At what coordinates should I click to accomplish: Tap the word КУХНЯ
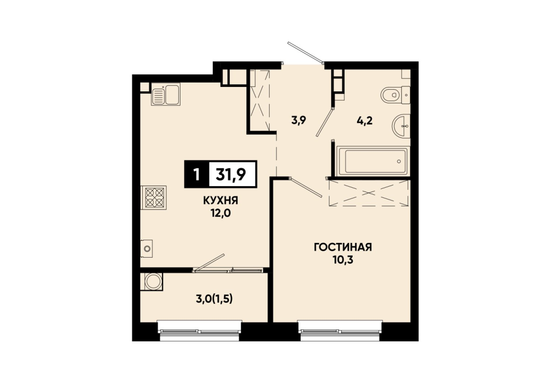pos(221,201)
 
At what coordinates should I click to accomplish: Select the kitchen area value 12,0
pos(221,213)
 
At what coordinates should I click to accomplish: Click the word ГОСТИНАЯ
pos(343,247)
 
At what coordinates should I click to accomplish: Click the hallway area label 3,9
pos(299,120)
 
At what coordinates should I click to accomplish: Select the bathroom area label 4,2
pos(365,121)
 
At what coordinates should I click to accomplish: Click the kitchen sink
pos(166,95)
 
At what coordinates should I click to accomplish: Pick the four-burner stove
pos(154,198)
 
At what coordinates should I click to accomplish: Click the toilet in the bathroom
pos(395,95)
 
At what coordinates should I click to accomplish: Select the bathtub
pos(372,161)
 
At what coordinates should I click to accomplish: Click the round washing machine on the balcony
pos(153,281)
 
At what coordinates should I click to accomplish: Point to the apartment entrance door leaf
pos(305,53)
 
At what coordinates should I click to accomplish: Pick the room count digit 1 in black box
pos(196,174)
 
